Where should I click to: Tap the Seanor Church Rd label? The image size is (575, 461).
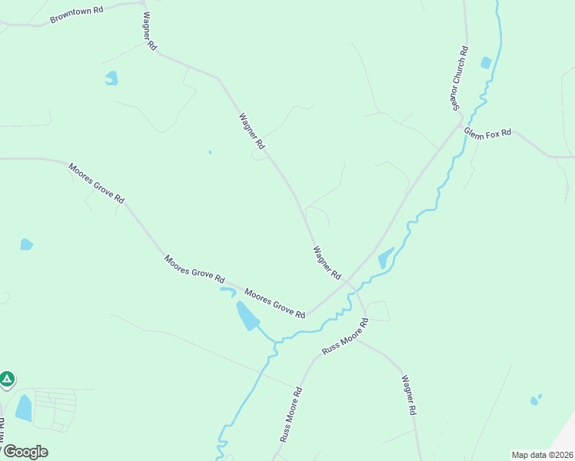point(460,79)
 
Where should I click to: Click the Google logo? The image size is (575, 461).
point(25,451)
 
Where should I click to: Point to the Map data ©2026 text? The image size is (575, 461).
point(542,455)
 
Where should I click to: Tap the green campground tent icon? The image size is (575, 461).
point(7,379)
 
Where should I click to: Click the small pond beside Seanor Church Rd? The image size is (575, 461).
point(485,62)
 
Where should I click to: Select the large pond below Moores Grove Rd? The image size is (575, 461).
point(247,315)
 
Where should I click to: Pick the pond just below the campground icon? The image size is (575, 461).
point(24,408)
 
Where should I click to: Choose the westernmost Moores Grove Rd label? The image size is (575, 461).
point(96,183)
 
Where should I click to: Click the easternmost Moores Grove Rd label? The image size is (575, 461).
point(274,303)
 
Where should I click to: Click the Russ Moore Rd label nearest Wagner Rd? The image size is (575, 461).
point(345,337)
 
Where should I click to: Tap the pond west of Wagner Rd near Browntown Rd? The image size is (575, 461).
point(112,78)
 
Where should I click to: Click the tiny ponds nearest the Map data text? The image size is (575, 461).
point(535,400)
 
